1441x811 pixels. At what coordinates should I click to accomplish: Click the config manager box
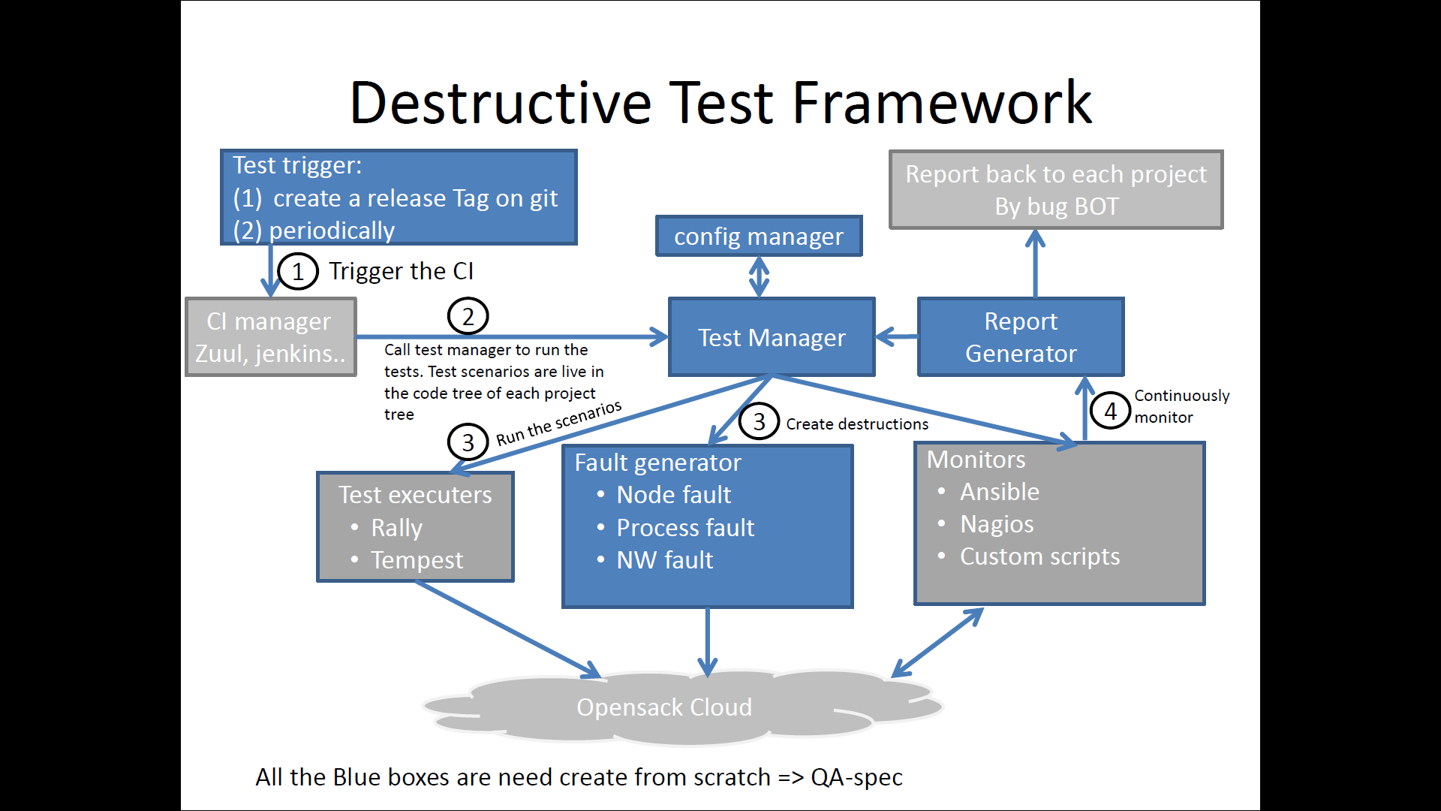(758, 237)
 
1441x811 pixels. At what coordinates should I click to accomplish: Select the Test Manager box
(771, 338)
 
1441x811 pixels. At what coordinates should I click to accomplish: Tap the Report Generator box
(1020, 337)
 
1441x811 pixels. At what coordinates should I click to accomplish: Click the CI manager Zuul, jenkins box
(270, 337)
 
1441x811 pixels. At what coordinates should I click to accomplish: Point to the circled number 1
(297, 272)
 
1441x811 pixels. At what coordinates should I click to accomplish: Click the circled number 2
(468, 317)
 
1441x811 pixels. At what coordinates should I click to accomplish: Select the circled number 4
(1110, 411)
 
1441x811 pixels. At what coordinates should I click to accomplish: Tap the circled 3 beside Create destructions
(759, 422)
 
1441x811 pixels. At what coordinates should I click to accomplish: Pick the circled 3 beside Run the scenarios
(468, 442)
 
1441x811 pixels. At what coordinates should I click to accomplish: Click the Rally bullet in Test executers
(396, 528)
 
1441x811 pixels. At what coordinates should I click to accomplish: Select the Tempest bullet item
(417, 560)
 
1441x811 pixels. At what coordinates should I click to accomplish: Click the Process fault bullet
(684, 528)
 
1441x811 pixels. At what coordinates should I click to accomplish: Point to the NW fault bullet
(664, 560)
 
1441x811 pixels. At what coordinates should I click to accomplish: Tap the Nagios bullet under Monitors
(997, 524)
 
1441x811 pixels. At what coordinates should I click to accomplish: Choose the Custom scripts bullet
(1039, 556)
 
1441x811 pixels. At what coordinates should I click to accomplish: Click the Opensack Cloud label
(663, 707)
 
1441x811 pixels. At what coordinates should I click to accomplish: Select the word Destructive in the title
(501, 103)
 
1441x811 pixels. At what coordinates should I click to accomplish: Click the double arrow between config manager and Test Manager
(759, 277)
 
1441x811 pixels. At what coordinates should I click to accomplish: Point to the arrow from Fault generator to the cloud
(707, 642)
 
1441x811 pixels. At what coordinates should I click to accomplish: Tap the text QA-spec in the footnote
(856, 777)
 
